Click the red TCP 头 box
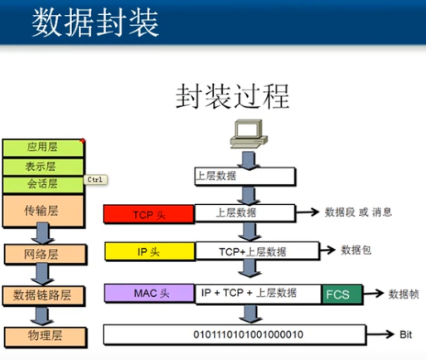[x=149, y=214]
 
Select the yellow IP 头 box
[x=150, y=251]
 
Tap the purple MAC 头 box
[x=149, y=293]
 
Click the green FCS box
[x=342, y=294]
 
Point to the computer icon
[x=249, y=134]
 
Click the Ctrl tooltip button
[x=95, y=180]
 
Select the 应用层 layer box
[x=43, y=148]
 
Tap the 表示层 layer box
[x=43, y=167]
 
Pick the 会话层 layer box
[x=43, y=184]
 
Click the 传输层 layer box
[x=43, y=211]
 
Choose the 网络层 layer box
[x=45, y=254]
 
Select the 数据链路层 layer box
[x=43, y=295]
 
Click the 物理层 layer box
[x=45, y=336]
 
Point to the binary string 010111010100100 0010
[x=248, y=334]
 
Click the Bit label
[x=405, y=334]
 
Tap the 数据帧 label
[x=404, y=294]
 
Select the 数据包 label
[x=356, y=250]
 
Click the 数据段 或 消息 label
[x=358, y=212]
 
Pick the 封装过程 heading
[x=233, y=96]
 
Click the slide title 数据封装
[x=95, y=22]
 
